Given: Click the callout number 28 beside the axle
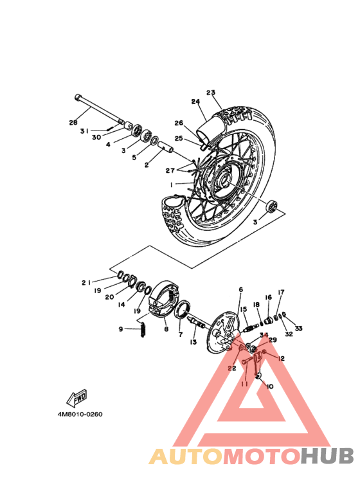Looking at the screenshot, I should pos(73,122).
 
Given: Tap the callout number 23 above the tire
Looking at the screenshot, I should pos(210,92).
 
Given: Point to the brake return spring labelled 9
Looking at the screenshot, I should pos(143,331).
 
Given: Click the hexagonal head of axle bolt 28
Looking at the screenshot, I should pos(78,98).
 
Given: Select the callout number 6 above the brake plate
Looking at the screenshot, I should pos(240,290).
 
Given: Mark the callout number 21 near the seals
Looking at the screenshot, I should pos(85,282).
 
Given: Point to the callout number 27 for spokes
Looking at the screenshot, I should pos(170,170).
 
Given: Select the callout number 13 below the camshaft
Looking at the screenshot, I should pos(193,343).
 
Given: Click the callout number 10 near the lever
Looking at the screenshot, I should pos(269,386).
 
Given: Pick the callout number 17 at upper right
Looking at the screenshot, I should pos(281,291).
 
